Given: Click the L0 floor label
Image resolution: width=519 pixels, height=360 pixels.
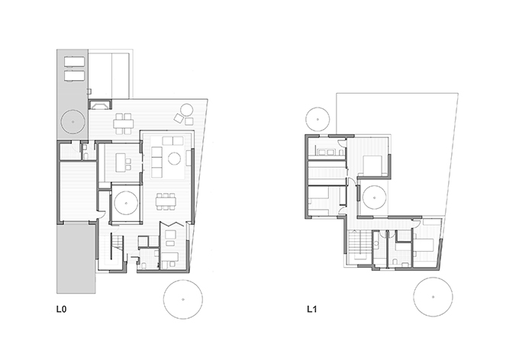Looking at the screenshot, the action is [61, 310].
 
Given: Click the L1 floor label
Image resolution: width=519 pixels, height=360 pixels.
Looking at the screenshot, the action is [312, 310].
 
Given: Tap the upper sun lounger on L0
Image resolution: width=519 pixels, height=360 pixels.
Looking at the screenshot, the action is [75, 62].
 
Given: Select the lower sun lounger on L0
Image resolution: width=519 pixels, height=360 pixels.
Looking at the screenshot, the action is [75, 76].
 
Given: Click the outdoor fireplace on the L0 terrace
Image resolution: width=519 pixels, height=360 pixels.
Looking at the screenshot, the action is [100, 104].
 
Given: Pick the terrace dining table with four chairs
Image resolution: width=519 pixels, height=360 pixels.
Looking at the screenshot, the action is [123, 124].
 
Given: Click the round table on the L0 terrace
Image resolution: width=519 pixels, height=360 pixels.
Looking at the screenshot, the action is [187, 110].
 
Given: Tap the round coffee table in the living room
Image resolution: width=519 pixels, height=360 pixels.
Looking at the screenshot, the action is [174, 159].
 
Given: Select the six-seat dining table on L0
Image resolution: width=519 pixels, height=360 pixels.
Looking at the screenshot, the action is [166, 201].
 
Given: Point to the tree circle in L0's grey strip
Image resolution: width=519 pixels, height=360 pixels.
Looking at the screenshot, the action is [73, 122].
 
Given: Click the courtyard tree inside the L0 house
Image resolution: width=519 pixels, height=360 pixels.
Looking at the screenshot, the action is [126, 203].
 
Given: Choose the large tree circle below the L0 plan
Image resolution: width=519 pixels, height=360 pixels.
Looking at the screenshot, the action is [183, 300].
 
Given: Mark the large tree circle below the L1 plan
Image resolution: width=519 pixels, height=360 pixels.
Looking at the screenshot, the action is [433, 297].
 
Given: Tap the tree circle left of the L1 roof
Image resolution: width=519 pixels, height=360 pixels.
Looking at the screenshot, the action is [318, 119].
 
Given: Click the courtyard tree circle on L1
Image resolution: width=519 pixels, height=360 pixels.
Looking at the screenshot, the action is [374, 198].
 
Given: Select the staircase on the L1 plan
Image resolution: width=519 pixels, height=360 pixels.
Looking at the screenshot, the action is [360, 244].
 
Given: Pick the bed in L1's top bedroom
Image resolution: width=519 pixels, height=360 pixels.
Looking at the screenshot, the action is [373, 166].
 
